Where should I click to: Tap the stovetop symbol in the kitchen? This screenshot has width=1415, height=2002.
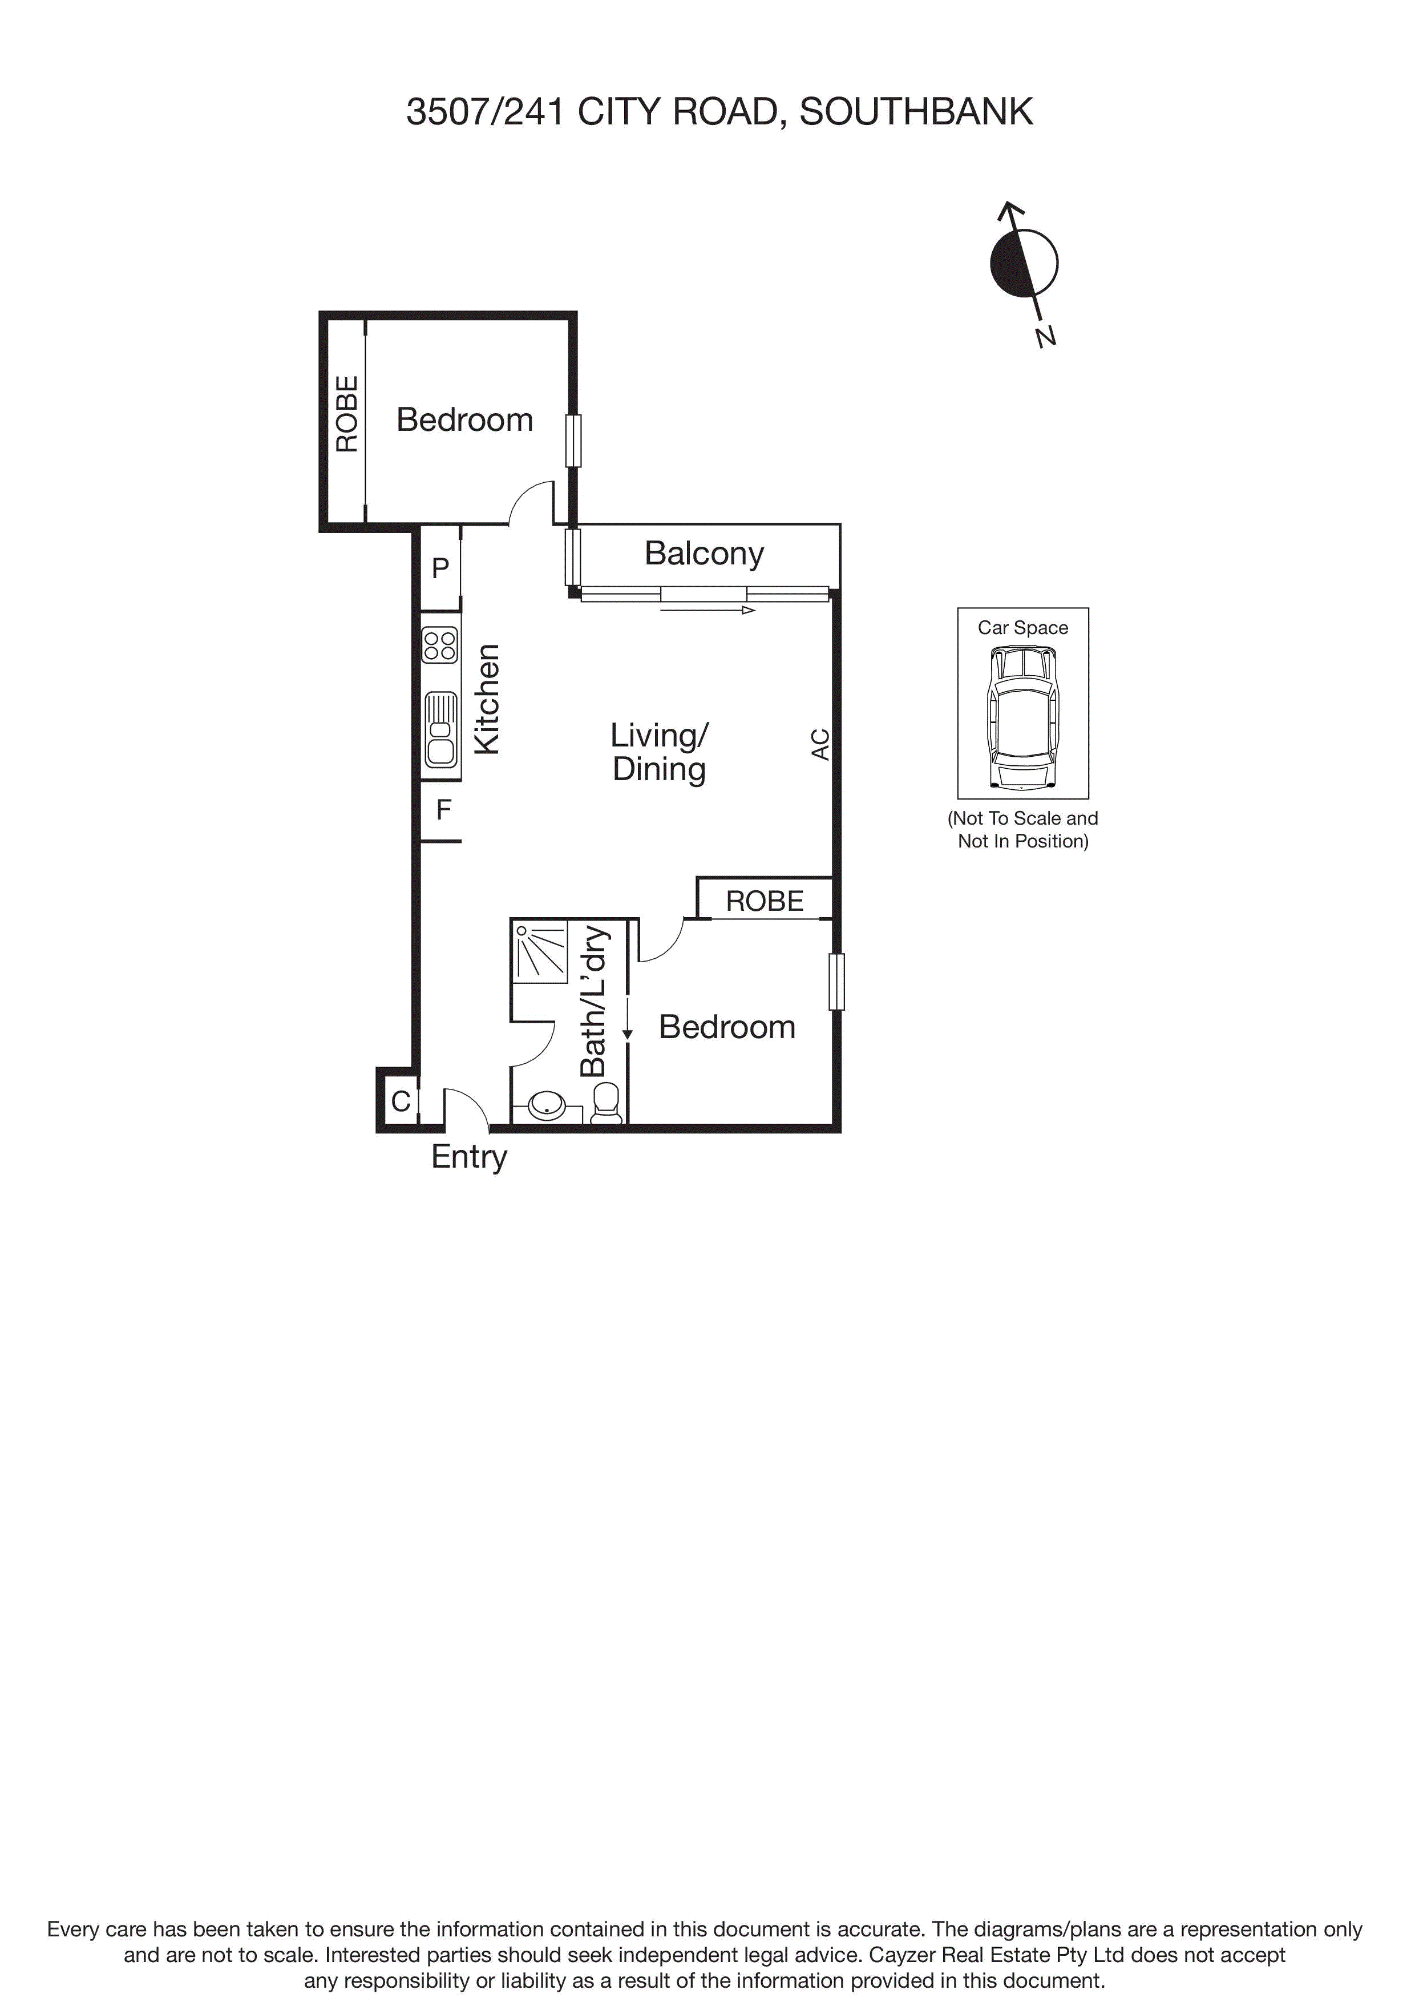(x=440, y=645)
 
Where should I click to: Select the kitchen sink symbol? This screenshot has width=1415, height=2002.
(x=440, y=729)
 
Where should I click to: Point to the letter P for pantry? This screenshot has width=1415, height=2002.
(x=440, y=568)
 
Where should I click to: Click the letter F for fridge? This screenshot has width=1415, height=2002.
(x=444, y=810)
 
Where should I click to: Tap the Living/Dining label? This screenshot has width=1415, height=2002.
(x=659, y=752)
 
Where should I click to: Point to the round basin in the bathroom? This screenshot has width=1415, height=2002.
(x=547, y=1105)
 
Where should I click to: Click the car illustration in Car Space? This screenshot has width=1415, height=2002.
(x=1022, y=717)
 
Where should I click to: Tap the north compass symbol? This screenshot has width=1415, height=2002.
(x=1024, y=263)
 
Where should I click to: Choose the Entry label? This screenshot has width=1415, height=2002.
(x=469, y=1157)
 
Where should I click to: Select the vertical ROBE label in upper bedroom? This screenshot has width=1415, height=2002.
(x=347, y=414)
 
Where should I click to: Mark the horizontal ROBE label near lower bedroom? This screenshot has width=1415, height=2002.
(x=765, y=901)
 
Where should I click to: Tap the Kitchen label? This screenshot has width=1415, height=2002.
(x=487, y=699)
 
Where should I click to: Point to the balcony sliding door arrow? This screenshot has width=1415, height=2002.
(x=707, y=611)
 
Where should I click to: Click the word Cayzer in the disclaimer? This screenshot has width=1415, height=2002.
(x=903, y=1956)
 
